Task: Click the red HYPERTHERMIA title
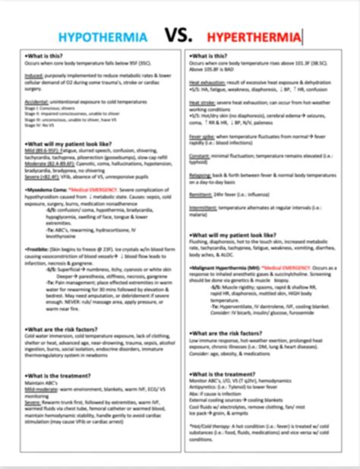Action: (x=258, y=36)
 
